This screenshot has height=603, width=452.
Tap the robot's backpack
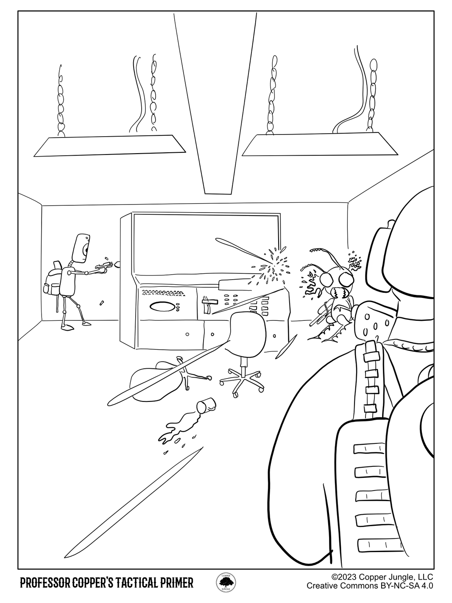click(51, 283)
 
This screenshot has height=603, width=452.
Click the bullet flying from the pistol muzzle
click(117, 265)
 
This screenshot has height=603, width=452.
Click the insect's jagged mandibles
click(340, 293)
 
